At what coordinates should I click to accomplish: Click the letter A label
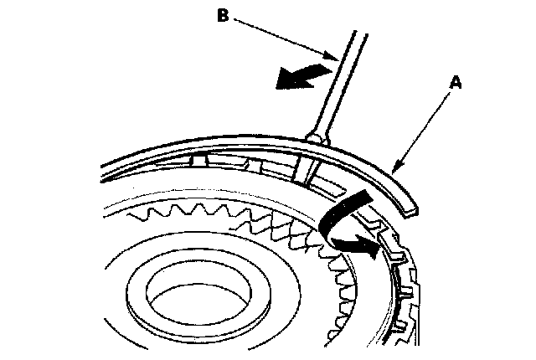[x=454, y=83]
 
